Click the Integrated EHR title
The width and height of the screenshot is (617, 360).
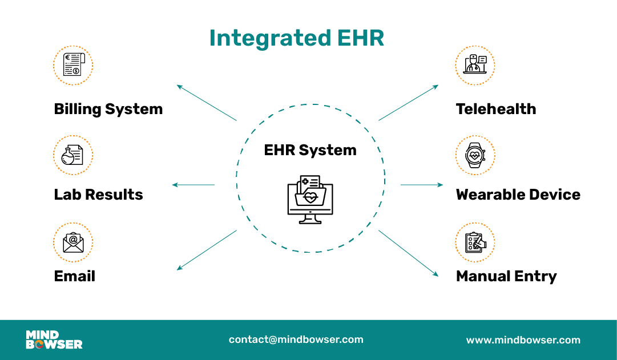coord(296,38)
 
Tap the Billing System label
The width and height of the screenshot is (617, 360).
coord(108,109)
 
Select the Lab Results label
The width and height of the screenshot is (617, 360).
coord(98,195)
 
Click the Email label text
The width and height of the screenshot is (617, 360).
coord(74,276)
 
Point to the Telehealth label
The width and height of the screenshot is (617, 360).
coord(496,109)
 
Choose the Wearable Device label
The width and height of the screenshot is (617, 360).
coord(518,195)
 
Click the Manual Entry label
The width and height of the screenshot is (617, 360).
coord(506,277)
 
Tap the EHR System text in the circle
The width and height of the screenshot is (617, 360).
coord(310,150)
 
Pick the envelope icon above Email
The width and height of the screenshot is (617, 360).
coord(73,242)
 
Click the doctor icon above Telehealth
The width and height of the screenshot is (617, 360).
coord(475,65)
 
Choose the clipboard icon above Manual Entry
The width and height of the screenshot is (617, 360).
coord(475,242)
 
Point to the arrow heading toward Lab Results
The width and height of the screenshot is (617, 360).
coord(193,185)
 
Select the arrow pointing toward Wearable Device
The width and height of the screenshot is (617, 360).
coord(422,185)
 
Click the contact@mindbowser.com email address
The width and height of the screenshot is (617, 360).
coord(296,339)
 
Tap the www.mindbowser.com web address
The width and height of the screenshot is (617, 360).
coord(523,340)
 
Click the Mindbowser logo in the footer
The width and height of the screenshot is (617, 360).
coord(54,339)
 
